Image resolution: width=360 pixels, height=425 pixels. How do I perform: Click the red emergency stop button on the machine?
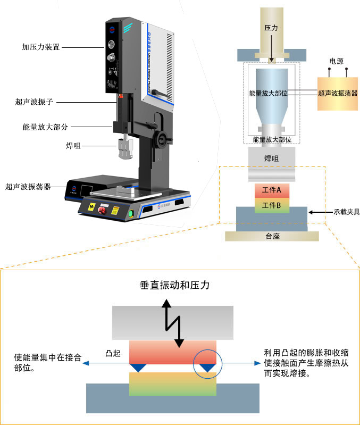114,210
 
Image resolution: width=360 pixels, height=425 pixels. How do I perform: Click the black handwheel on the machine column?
160,140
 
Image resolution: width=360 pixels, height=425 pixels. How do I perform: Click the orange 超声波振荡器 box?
337,93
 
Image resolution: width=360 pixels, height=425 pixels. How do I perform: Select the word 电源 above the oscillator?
337,62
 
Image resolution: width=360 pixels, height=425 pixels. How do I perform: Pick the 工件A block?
272,190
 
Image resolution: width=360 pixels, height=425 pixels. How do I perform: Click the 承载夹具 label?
346,212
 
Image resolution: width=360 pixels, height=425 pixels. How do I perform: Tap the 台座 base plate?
272,236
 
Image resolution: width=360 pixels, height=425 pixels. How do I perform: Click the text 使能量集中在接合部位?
48,362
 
